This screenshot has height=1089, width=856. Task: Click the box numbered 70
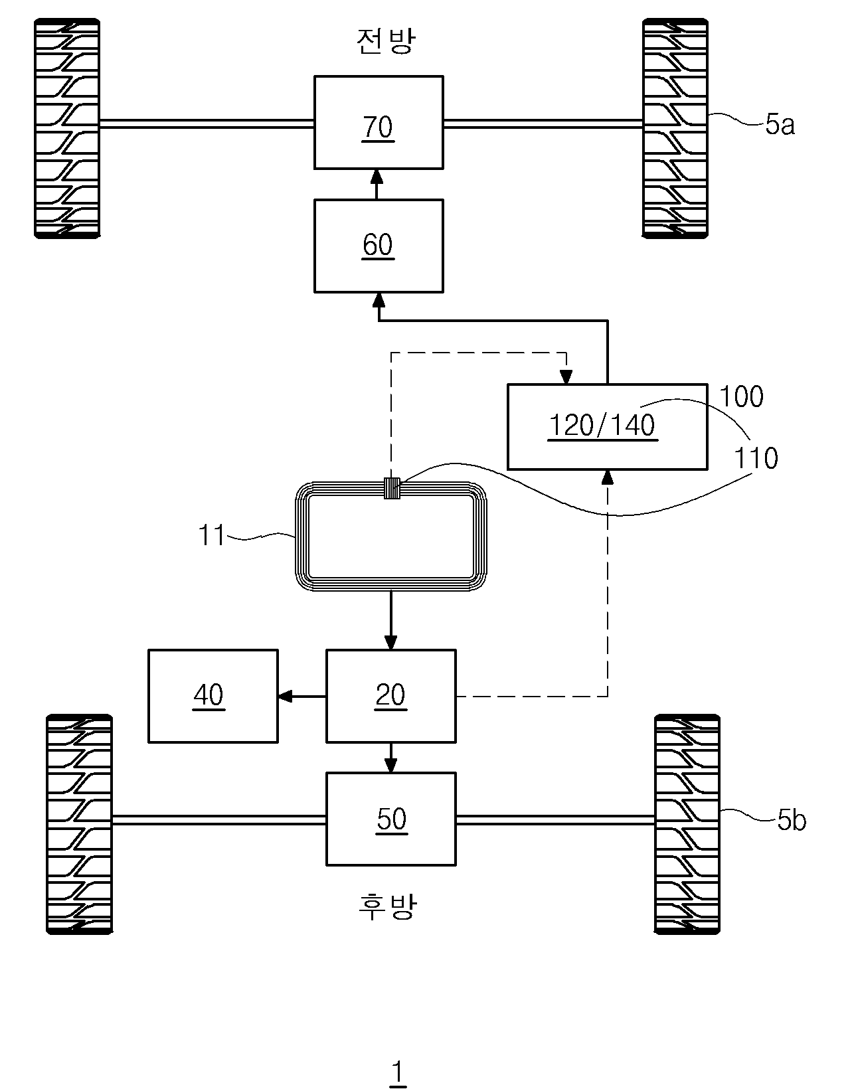[x=379, y=122]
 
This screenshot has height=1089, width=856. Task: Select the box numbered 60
[x=379, y=246]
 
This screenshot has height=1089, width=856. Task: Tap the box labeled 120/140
[x=608, y=426]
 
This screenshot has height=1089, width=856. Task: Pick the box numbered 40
[x=213, y=696]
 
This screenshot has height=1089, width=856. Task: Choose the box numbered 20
[x=391, y=696]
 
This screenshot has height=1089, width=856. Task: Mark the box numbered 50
[x=391, y=819]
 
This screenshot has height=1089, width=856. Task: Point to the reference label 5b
[x=792, y=820]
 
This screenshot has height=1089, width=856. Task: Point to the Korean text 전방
[x=386, y=40]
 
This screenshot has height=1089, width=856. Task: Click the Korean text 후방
[x=387, y=907]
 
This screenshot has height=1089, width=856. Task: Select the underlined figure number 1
[x=398, y=1070]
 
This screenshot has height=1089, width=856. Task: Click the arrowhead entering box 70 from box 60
[x=377, y=177]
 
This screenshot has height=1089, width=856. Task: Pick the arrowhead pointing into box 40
[x=285, y=696]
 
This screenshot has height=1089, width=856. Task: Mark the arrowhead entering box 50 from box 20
[x=391, y=765]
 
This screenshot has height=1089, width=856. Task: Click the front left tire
[x=67, y=128]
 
